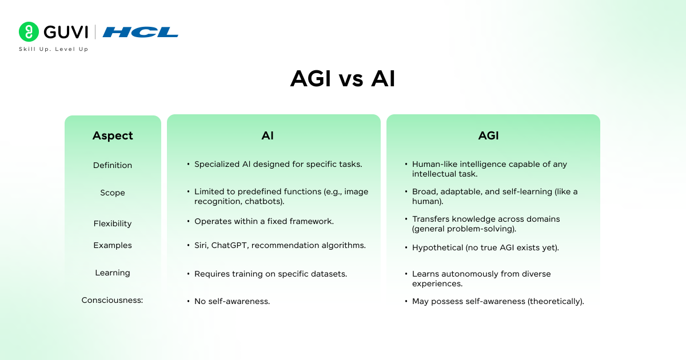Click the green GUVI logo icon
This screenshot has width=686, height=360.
[29, 32]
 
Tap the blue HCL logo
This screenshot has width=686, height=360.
[141, 32]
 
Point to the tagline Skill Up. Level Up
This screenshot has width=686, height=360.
[53, 49]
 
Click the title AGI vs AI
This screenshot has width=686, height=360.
[342, 79]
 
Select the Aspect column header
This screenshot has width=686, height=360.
[113, 135]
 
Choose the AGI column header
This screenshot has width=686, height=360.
[488, 135]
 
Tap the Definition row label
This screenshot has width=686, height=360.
[113, 165]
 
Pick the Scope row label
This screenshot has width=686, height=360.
[113, 193]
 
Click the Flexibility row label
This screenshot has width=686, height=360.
[113, 223]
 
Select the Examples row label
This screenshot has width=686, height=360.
[113, 245]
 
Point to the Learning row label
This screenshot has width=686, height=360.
[113, 273]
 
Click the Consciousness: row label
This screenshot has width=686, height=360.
[112, 300]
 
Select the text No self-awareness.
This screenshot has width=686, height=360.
[232, 301]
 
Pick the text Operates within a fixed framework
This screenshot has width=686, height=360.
[264, 221]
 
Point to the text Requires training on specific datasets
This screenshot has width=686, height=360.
[270, 274]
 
